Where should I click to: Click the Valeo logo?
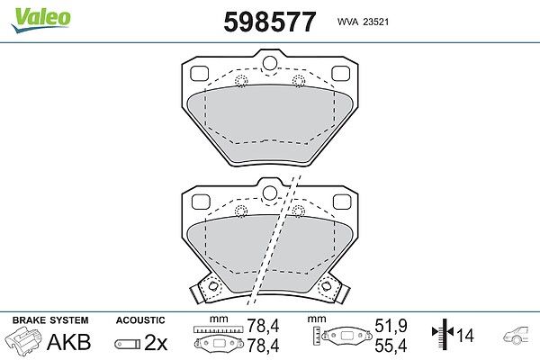point(40,19)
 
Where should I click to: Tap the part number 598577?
point(270,22)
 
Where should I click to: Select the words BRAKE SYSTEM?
point(50,320)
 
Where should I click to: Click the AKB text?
point(69,342)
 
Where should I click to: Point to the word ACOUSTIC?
point(140,320)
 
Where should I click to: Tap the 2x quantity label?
point(156,342)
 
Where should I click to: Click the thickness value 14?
point(465,335)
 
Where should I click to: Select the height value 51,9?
point(391,326)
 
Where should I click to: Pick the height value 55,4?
point(391,346)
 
